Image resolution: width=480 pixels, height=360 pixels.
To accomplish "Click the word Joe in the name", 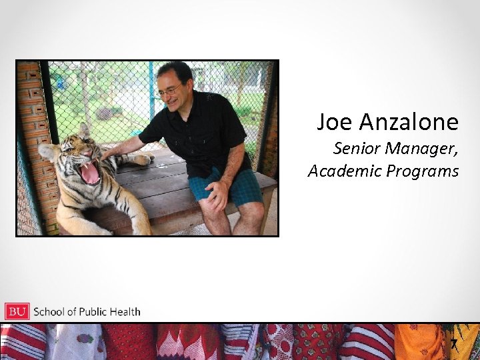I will [335, 122].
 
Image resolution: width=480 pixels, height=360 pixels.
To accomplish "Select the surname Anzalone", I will [409, 122].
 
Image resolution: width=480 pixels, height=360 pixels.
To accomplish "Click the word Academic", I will [339, 171].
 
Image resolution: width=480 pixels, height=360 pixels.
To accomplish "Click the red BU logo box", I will [17, 311].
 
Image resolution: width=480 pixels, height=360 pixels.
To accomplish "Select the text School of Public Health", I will [87, 311].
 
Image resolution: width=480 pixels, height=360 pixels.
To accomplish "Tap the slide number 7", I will [453, 345].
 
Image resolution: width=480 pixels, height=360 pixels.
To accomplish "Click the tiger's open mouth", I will [89, 173].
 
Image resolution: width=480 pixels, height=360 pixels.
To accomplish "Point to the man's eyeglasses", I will [171, 91].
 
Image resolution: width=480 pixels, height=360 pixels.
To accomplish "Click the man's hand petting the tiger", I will [109, 152].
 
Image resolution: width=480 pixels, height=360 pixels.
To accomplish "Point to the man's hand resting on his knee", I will [217, 195].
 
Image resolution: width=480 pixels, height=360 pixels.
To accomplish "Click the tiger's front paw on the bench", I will [141, 159].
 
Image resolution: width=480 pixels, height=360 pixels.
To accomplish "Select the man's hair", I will [175, 69].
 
